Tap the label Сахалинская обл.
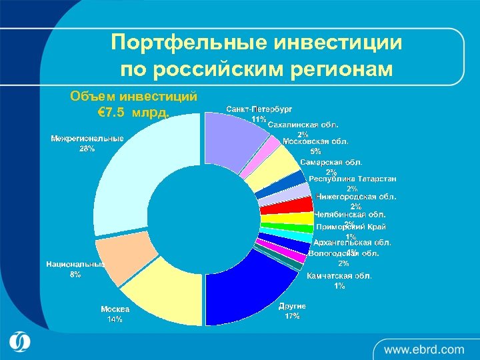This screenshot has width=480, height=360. coord(303,125)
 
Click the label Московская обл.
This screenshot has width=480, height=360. coord(315,141)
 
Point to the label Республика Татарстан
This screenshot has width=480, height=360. coord(353,179)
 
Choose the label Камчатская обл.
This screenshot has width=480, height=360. coord(339,275)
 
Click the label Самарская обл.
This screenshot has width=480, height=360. coord(331,162)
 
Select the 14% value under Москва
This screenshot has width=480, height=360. coord(115,319)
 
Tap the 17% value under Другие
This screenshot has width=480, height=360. coord(292,316)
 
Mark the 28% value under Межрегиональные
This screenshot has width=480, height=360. coord(87,149)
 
